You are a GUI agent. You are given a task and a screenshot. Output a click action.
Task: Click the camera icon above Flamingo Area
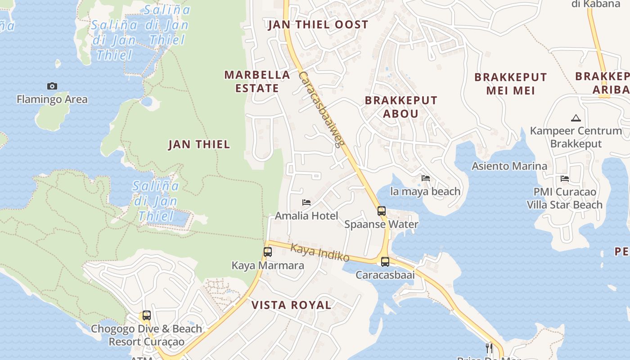pos(52,86)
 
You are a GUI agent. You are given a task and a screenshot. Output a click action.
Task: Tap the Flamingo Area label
pos(52,99)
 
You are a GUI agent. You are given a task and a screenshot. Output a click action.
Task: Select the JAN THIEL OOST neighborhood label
pos(318,25)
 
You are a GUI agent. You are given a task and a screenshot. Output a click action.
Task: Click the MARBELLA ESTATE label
pos(257,81)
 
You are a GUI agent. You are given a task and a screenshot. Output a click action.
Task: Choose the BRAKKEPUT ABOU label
pos(401,107)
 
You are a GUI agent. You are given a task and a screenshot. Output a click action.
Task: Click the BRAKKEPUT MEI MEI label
pos(511,84)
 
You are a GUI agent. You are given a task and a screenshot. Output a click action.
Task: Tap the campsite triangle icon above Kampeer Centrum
pos(576,118)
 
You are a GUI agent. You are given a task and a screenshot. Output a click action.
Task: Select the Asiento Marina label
pos(509,166)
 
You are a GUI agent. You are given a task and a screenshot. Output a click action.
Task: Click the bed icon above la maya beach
pos(426,178)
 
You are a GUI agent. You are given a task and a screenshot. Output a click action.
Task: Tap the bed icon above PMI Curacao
pos(565,179)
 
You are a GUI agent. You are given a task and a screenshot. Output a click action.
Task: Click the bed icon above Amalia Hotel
pos(306,202)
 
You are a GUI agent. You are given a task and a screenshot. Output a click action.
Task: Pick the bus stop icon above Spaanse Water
pos(381,211)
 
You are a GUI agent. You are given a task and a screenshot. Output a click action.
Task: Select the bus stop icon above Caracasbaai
pos(385,261)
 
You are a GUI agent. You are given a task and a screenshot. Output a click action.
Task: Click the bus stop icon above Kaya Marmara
pos(268,252)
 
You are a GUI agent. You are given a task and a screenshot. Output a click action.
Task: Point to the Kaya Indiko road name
pos(320,252)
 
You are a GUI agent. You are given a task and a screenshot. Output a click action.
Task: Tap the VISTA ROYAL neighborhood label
pos(291,305)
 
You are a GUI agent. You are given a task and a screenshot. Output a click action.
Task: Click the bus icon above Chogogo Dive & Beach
pos(146,315)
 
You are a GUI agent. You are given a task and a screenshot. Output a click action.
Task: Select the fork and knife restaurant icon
pos(489,348)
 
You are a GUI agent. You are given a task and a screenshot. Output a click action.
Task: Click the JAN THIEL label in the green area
pos(199,144)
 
